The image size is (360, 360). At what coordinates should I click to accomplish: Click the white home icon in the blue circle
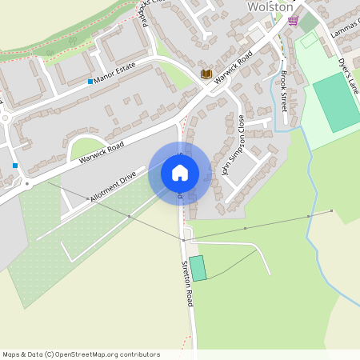(180, 172)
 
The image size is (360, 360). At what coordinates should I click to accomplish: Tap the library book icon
(206, 74)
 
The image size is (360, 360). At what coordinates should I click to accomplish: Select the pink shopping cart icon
(293, 21)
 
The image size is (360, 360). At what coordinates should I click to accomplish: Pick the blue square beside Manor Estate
(90, 82)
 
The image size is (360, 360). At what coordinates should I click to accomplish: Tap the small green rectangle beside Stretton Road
(197, 267)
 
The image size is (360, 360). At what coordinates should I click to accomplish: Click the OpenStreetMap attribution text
(82, 354)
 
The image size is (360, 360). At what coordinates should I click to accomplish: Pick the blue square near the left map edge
(15, 166)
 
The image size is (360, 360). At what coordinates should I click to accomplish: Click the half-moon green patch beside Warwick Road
(86, 149)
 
